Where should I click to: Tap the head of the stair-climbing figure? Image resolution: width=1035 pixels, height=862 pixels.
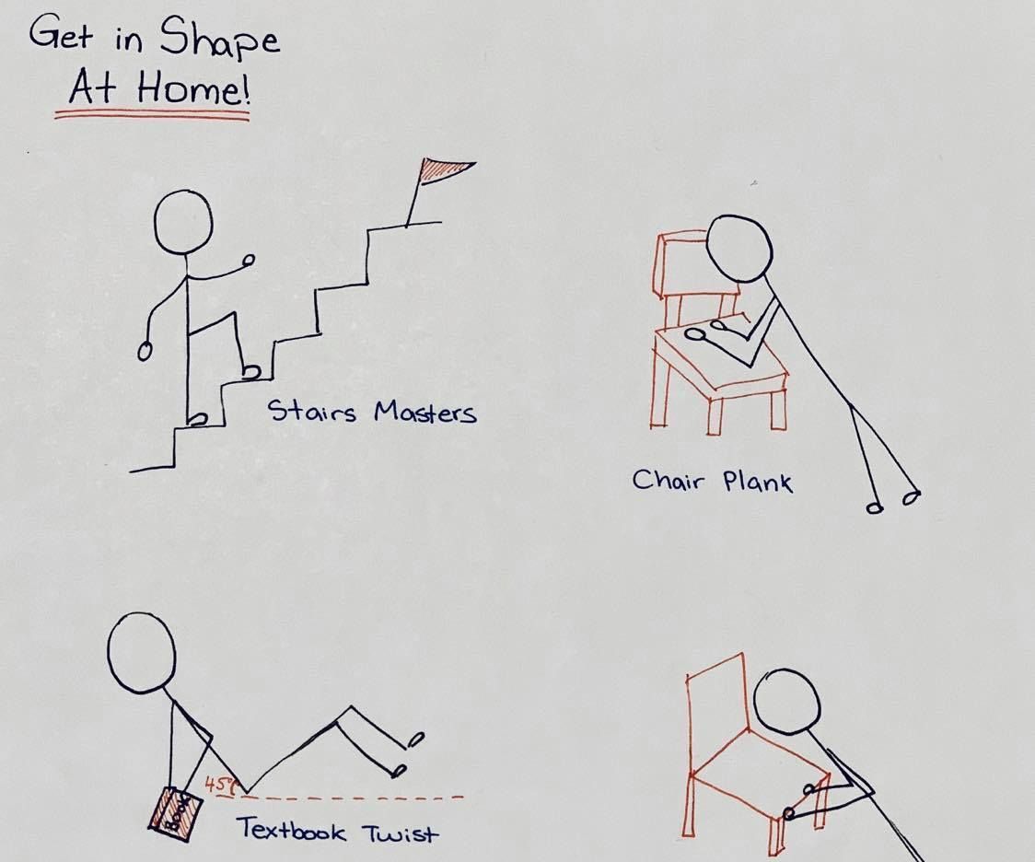[x=184, y=225]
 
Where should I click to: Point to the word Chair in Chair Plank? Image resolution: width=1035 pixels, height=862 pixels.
[x=669, y=479]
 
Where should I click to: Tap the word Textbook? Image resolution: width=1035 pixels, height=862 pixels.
[x=292, y=830]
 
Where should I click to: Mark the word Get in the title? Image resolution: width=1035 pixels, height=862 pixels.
[x=62, y=38]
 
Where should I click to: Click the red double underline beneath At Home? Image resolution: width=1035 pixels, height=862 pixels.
[x=152, y=116]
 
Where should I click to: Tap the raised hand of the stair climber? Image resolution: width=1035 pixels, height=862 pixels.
[x=247, y=262]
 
